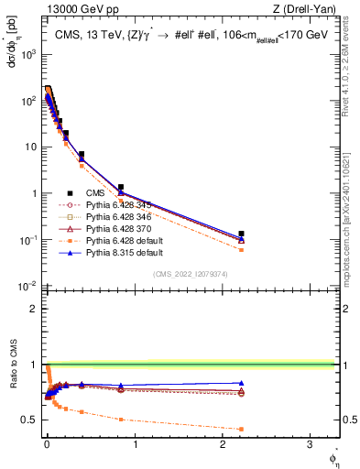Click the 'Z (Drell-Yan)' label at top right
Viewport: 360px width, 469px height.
click(x=307, y=9)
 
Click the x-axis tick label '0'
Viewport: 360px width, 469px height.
click(x=47, y=447)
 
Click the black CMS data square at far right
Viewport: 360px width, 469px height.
click(x=241, y=234)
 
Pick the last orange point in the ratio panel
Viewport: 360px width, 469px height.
click(x=241, y=429)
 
